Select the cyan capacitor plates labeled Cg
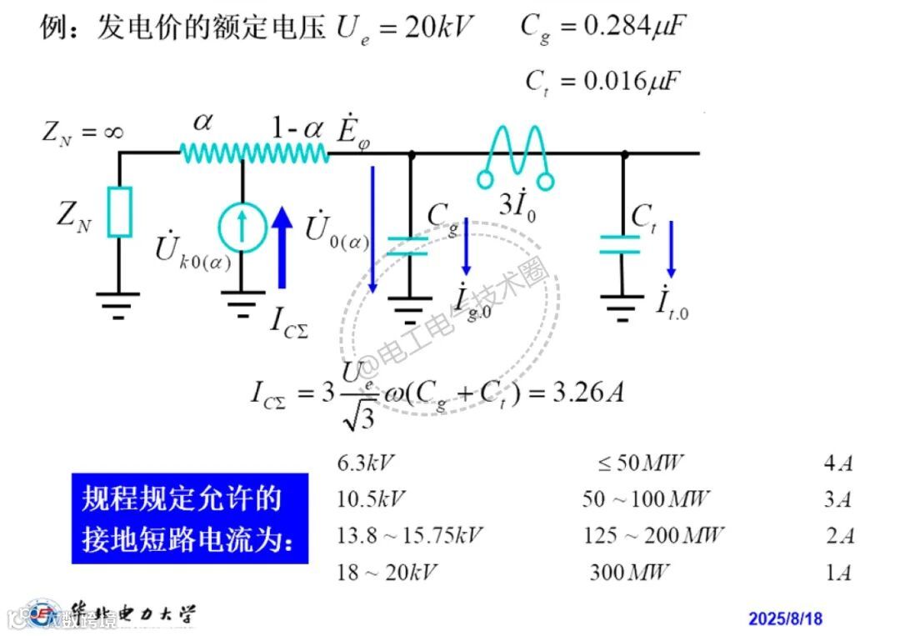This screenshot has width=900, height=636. [x=408, y=245]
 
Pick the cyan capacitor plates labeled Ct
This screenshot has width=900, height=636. [x=622, y=243]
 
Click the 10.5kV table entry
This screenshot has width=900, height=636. [x=371, y=499]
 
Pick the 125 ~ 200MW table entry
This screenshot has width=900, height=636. [x=654, y=535]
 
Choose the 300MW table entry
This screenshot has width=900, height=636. [x=630, y=573]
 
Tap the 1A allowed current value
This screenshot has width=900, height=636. [x=838, y=573]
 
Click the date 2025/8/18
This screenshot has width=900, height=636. [x=785, y=618]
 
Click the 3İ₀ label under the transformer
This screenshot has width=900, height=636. [x=517, y=204]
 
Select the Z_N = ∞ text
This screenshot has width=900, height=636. [x=83, y=132]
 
